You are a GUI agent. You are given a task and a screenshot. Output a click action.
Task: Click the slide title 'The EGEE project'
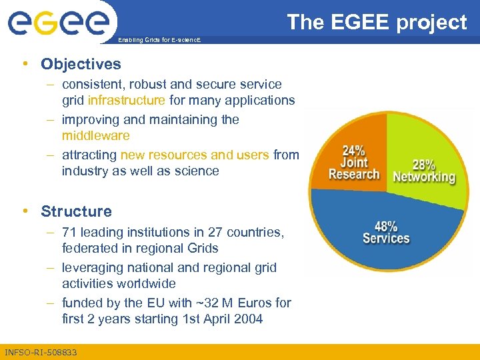tap(377, 22)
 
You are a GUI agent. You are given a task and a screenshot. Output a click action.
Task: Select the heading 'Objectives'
tap(81, 64)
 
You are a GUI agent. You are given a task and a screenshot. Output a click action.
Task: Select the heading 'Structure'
tap(76, 211)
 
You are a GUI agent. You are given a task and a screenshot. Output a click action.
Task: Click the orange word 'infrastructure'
tap(126, 101)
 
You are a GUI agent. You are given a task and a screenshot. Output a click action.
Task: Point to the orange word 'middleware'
tap(95, 136)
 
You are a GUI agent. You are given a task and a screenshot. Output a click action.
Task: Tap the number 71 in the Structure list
tap(69, 232)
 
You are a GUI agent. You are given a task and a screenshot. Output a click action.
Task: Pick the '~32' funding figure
tap(205, 303)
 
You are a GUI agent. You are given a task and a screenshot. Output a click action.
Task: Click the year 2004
tap(248, 319)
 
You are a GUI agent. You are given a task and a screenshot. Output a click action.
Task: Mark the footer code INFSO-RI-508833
tap(41, 352)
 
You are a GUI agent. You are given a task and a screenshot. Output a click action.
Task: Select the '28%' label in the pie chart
tap(423, 164)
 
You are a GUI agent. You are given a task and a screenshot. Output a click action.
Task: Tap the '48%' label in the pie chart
tap(386, 226)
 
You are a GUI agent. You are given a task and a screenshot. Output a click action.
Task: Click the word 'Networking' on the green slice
tap(424, 177)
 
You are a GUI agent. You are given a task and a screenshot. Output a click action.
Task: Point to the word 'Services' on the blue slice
tap(386, 238)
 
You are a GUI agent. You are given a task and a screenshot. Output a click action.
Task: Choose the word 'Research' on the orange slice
tap(354, 174)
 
